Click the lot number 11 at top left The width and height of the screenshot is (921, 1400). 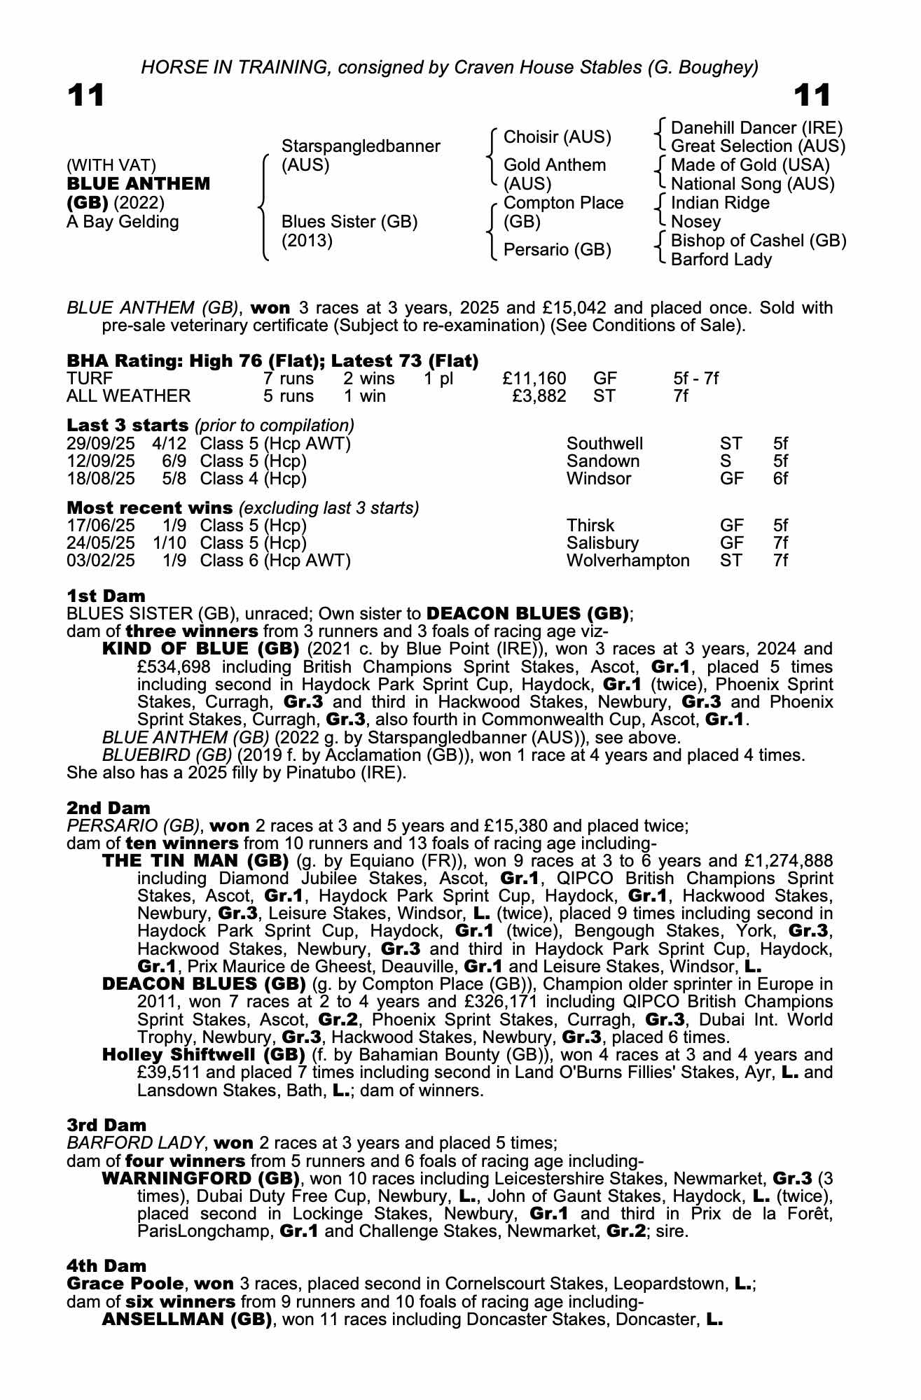86,96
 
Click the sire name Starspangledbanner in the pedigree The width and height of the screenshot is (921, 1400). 360,146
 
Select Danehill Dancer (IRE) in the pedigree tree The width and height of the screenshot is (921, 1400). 756,127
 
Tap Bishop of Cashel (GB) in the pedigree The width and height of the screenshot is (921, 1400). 759,240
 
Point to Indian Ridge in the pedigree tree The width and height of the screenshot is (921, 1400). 720,203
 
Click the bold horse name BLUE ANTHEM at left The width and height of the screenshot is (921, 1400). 138,184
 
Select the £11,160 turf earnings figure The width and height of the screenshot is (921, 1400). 534,379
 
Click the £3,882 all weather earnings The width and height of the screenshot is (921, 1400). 539,396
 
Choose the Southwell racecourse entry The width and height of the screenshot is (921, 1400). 604,444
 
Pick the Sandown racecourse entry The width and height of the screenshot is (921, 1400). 603,461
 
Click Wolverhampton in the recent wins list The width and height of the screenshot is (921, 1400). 628,561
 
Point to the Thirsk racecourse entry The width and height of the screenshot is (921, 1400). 590,526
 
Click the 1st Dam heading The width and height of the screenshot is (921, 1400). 106,596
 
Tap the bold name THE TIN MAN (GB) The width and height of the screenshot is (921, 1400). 195,860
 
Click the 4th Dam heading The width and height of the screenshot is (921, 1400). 106,1266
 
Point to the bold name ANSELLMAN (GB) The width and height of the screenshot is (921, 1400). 187,1319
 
